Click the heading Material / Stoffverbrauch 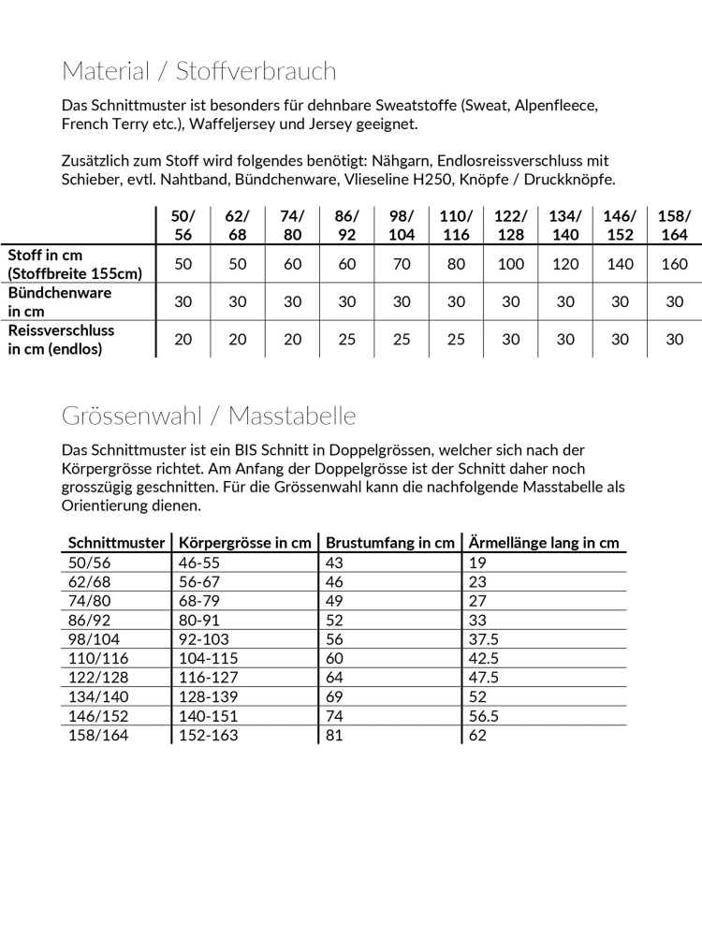click(x=198, y=71)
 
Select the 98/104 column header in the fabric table click(x=402, y=226)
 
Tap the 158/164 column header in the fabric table click(x=675, y=226)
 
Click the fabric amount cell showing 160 click(x=675, y=264)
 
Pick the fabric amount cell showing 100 click(x=511, y=264)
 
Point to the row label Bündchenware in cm click(x=60, y=302)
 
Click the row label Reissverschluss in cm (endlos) click(x=62, y=340)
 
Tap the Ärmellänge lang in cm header click(x=545, y=543)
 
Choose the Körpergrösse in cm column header click(x=245, y=543)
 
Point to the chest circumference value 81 click(x=334, y=736)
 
